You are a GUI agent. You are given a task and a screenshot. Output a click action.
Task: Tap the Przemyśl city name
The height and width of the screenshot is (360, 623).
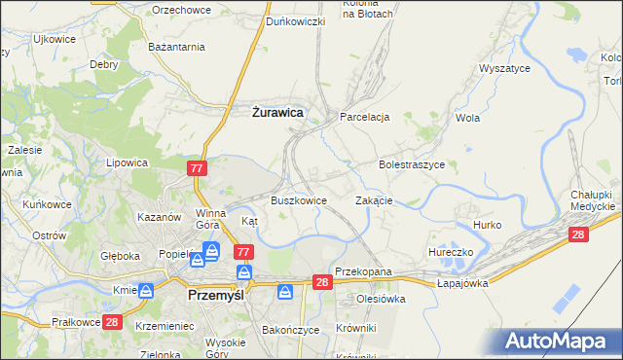coord(222,291)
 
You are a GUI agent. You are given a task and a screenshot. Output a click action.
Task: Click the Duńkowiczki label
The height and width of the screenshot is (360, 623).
coord(295,21)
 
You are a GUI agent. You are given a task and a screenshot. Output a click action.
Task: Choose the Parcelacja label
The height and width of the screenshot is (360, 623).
coord(364,117)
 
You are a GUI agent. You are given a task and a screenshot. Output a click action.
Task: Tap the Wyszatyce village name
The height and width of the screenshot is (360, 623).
coord(503,69)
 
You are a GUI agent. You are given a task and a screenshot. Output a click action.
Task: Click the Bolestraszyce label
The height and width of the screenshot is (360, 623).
coord(412,165)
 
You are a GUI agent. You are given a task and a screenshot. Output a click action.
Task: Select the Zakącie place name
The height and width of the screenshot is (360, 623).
coord(374,200)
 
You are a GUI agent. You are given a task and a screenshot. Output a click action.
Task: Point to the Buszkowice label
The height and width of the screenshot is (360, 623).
coord(298,200)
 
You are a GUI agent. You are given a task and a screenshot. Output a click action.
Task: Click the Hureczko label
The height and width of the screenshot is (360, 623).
coord(451,252)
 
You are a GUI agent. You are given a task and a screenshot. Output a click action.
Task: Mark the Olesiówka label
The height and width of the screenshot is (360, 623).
coord(381,299)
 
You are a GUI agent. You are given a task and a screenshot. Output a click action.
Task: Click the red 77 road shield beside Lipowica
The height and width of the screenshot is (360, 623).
coord(198,169)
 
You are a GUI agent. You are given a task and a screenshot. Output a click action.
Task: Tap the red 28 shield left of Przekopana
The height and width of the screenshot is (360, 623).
coord(324,281)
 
